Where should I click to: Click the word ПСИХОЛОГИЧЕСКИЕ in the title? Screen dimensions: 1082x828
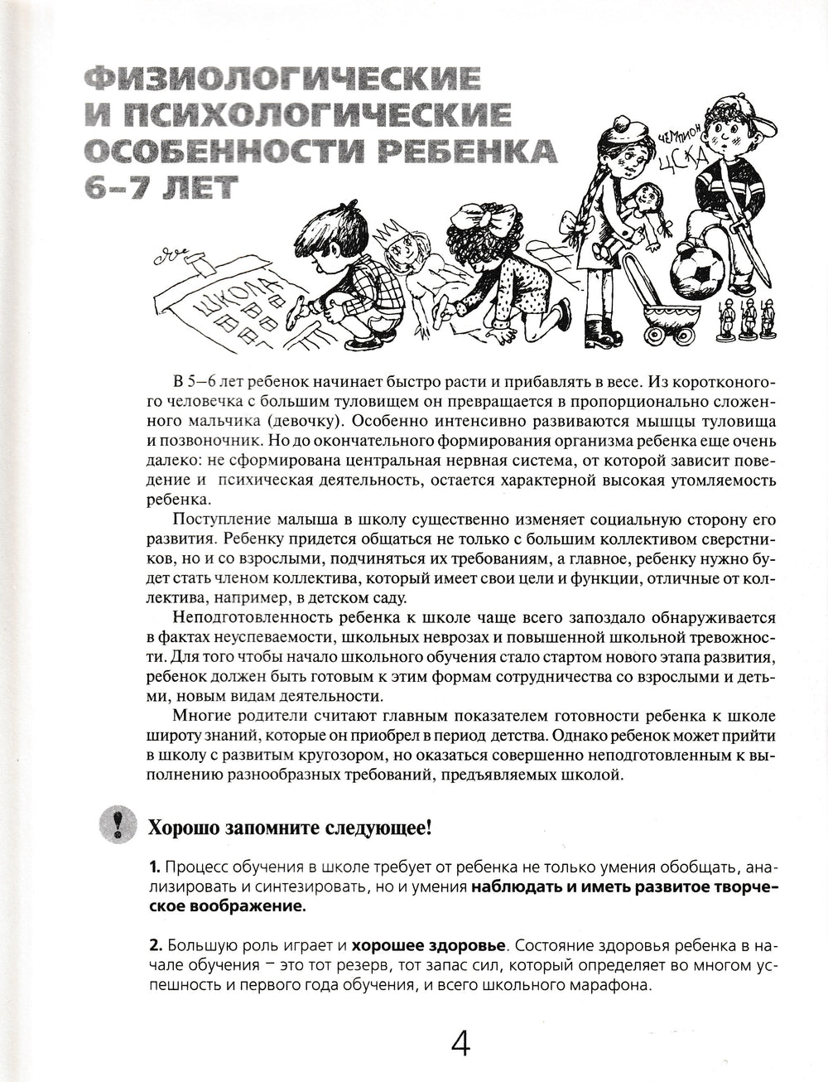289,115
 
